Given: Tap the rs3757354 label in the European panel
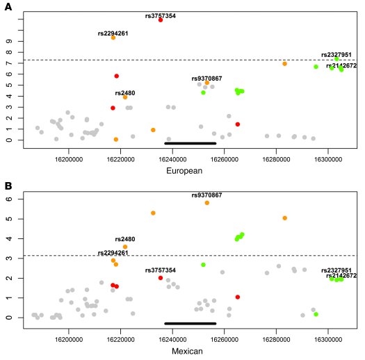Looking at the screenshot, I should tap(161, 13).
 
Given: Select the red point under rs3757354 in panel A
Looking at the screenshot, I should tap(161, 20).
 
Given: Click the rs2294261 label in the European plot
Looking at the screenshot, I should tap(113, 32).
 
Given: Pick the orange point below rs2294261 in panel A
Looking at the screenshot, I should tap(113, 38).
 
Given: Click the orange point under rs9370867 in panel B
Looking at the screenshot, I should tap(207, 203).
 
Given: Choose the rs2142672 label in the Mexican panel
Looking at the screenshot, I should tap(341, 276).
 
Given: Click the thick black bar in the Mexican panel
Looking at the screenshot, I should tap(190, 323).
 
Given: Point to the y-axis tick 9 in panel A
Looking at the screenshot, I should tap(13, 41).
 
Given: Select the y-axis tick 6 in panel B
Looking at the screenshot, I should tap(13, 199).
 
